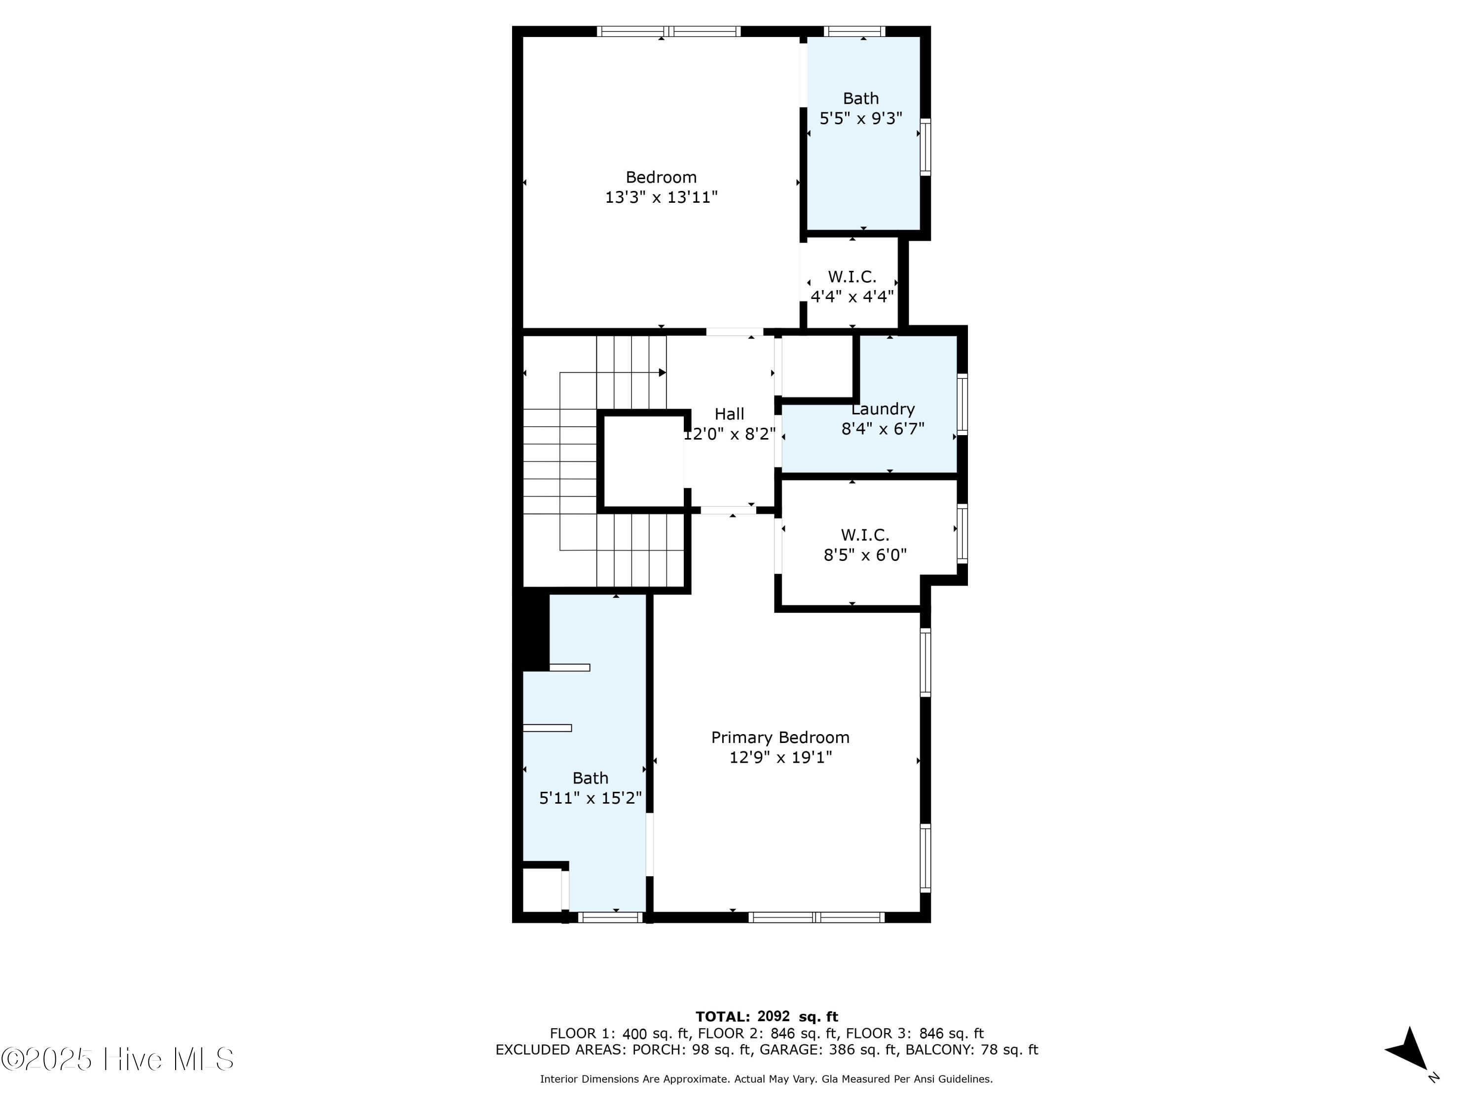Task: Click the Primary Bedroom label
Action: click(x=780, y=738)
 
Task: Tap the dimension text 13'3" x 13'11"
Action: click(x=661, y=197)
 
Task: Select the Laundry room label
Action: click(x=883, y=409)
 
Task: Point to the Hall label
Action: click(x=729, y=413)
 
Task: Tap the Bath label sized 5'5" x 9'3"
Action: click(x=860, y=98)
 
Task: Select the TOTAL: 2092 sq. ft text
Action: click(x=767, y=1016)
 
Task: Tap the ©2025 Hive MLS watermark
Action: click(x=118, y=1059)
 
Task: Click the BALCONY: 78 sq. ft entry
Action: click(x=971, y=1049)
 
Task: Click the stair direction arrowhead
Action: click(x=663, y=372)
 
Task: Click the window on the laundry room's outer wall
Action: click(x=962, y=404)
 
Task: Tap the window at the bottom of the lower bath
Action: click(x=610, y=917)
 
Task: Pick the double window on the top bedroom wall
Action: click(x=668, y=31)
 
